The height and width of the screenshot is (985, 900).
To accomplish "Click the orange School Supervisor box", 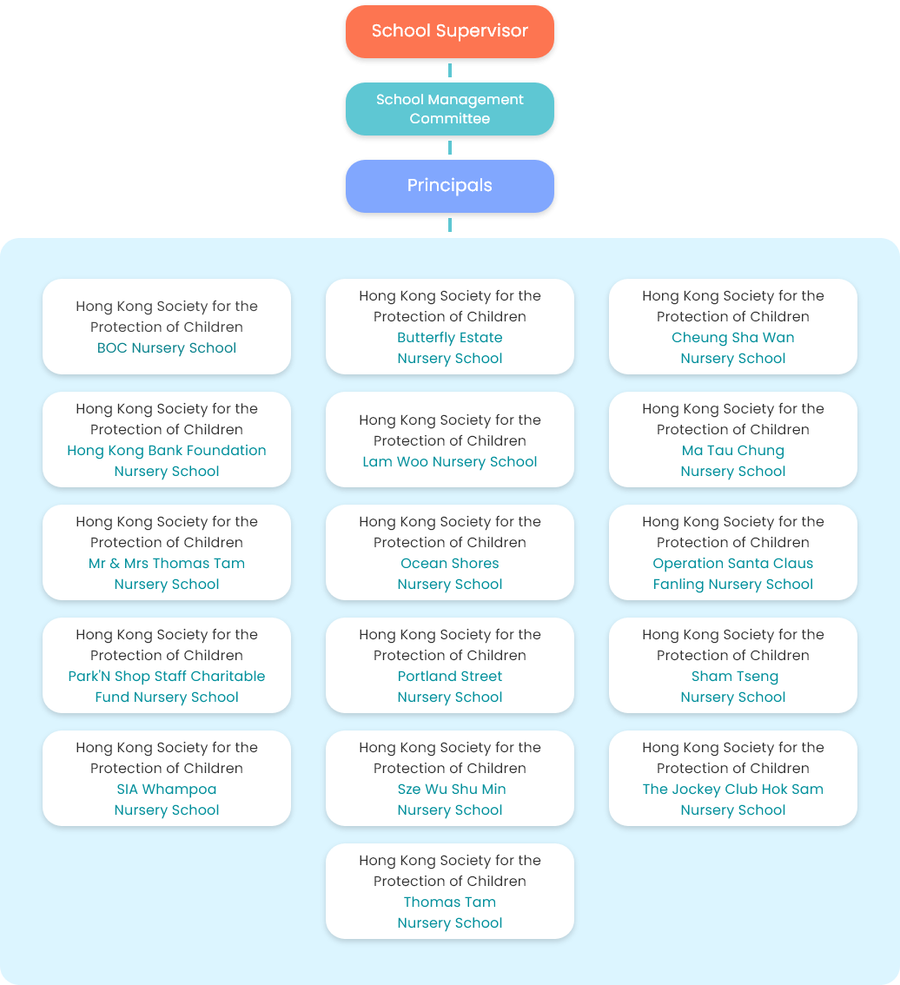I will coord(449,31).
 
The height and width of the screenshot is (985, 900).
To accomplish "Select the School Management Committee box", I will coord(449,109).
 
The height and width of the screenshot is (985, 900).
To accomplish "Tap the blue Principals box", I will coord(449,186).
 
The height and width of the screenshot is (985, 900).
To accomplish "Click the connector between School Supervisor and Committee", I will coord(449,70).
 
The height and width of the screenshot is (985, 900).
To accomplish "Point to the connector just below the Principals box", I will coord(449,225).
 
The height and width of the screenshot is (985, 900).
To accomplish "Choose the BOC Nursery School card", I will coord(167,327).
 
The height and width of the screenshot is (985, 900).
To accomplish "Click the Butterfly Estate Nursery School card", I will coord(449,327).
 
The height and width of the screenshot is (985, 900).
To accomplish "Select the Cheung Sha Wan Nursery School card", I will coord(732,327).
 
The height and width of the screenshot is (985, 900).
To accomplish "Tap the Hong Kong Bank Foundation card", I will coord(167,440).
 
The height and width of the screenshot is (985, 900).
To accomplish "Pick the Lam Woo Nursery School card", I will coord(449,440).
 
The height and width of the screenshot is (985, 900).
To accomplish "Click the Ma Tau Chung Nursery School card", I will coord(732,440).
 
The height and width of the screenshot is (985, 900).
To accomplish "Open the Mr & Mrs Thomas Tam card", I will coord(167,552).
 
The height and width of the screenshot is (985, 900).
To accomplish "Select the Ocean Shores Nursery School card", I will coord(449,552).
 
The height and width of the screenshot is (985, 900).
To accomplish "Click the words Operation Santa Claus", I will coord(732,564).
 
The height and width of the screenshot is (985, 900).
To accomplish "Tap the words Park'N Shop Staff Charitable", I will coord(167,677).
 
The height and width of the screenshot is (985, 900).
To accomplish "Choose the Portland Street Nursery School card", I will coord(449,665).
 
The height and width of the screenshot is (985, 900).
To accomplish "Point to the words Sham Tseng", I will coord(734,677).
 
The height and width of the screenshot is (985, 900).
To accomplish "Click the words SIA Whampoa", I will coord(167,790).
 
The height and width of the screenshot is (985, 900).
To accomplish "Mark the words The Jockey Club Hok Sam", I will coord(732,790).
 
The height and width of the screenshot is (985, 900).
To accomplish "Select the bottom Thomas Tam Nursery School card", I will coord(449,891).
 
